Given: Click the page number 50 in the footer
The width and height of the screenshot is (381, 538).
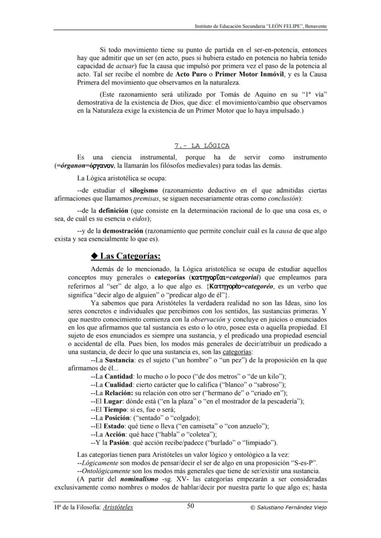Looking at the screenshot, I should [190, 506].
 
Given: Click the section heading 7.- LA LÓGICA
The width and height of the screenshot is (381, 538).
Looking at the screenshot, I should [202, 146].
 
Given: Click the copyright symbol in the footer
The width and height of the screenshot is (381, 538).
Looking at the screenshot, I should [252, 507].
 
